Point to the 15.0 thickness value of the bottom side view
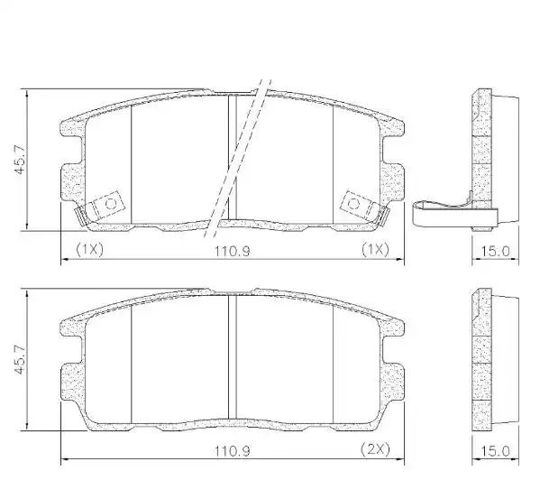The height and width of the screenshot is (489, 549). click(499, 449)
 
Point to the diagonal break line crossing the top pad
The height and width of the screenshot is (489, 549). click(239, 153)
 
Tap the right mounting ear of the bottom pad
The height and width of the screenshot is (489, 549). click(396, 379)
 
